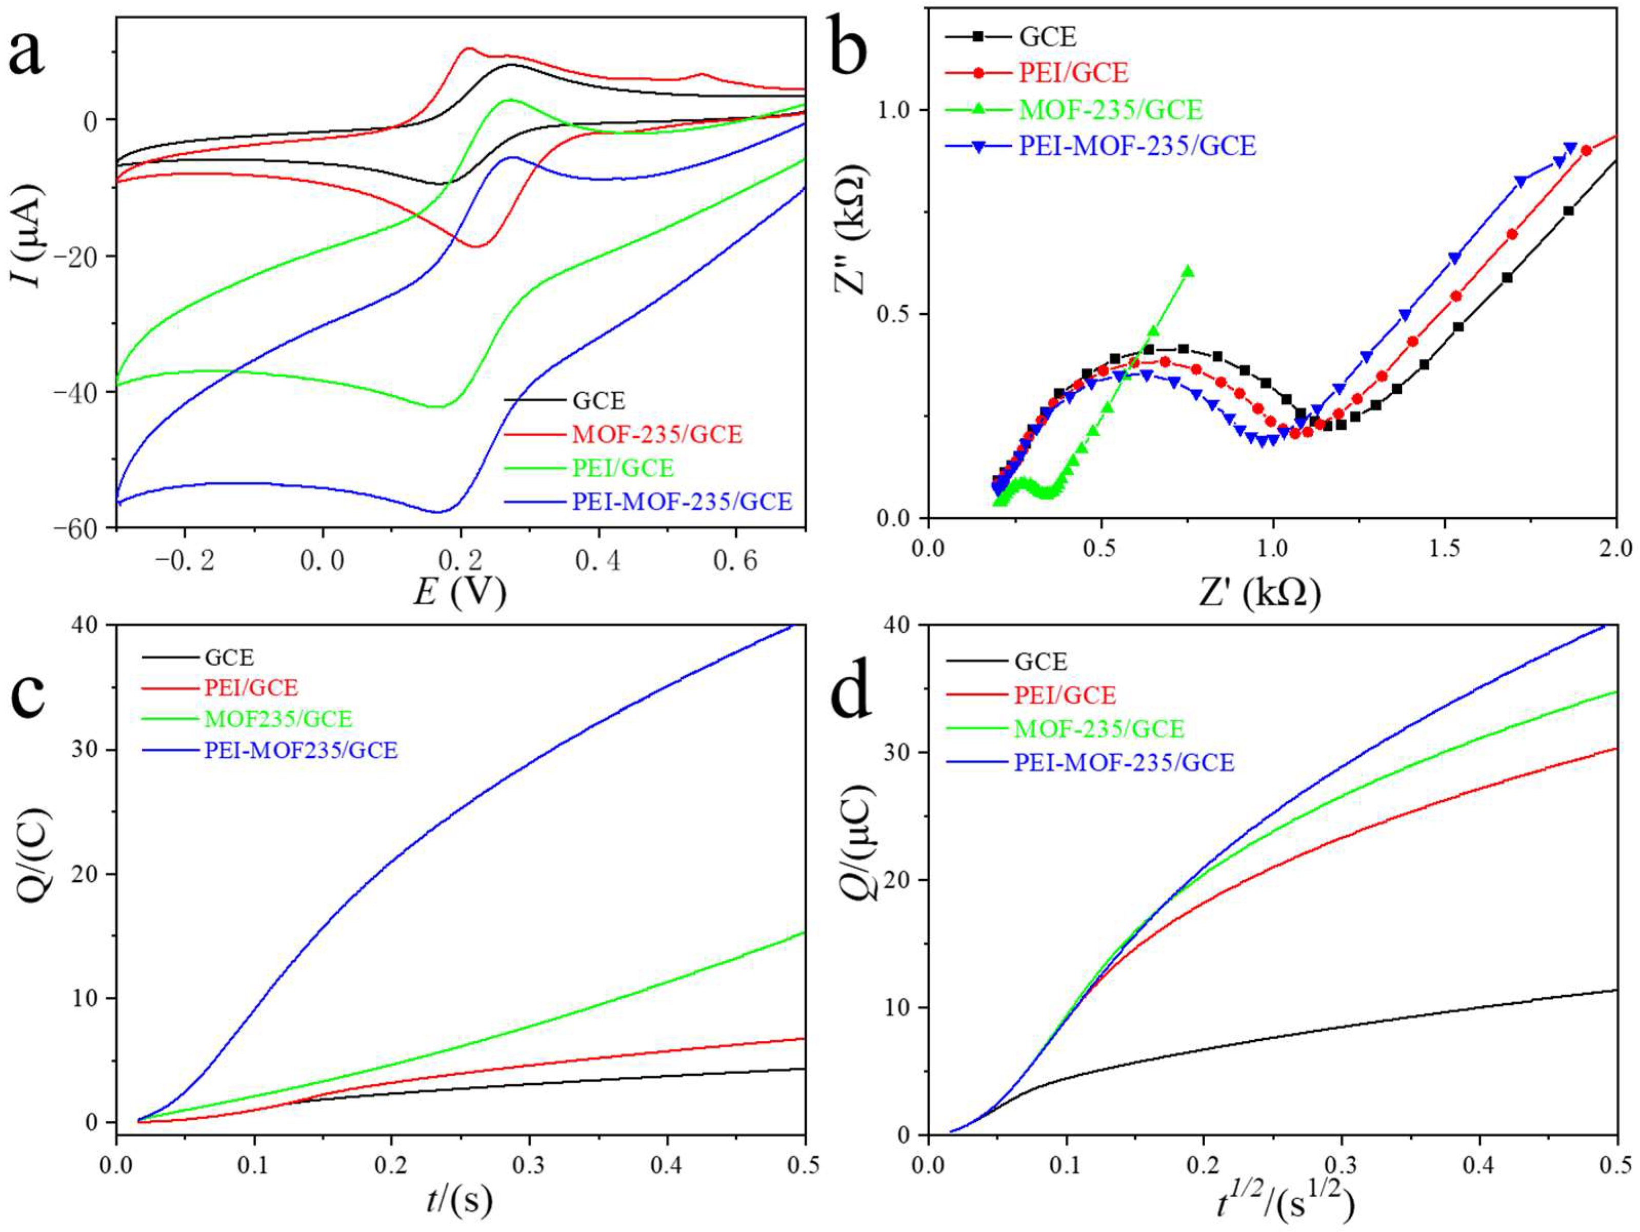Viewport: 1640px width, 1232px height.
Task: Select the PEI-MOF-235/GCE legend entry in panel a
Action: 682,502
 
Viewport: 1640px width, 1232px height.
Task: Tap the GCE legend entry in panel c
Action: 229,657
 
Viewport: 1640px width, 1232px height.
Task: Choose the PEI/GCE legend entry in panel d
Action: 1064,695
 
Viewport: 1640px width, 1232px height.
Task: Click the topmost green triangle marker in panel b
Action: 1188,271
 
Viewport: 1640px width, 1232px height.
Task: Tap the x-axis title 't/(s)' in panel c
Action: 459,1201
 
